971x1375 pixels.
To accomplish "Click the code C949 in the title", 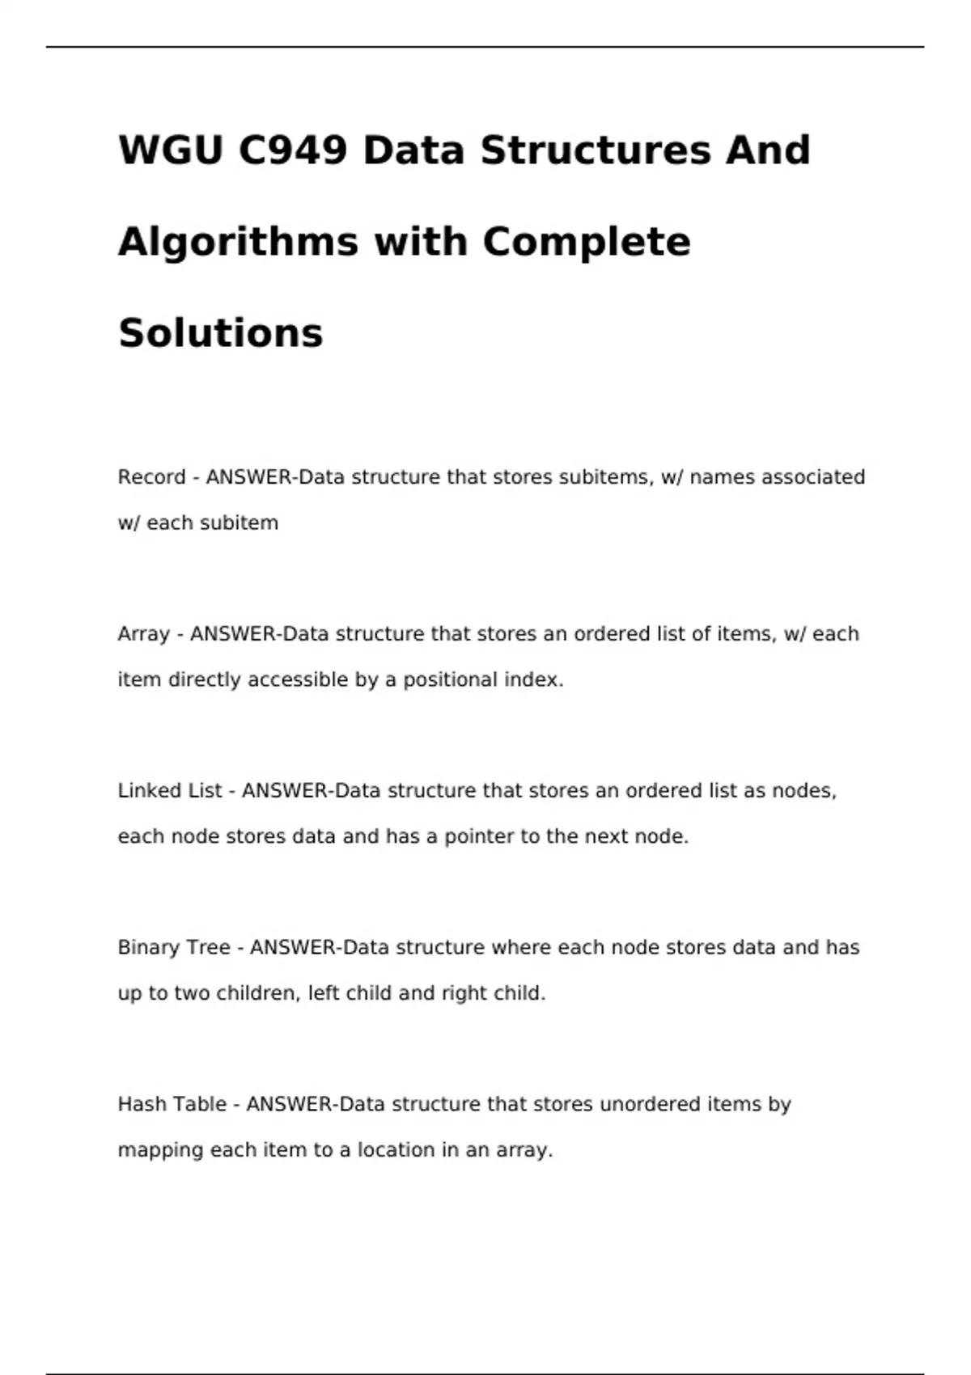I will [x=293, y=150].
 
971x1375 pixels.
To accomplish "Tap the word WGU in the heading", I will [x=170, y=150].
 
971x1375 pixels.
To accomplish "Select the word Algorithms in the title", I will [x=238, y=242].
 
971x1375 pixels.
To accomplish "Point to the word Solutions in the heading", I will [x=221, y=333].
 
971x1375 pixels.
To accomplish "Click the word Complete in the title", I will [x=587, y=242].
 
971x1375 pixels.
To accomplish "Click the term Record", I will [x=151, y=477].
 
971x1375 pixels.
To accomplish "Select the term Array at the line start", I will [x=143, y=634].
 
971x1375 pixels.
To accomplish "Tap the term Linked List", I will [x=169, y=791].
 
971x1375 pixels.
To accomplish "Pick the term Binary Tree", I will [x=173, y=947].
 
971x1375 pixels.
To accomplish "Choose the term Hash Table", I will [x=172, y=1104].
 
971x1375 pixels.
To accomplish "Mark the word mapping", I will [x=160, y=1150].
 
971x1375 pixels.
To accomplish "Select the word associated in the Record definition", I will [x=813, y=477].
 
